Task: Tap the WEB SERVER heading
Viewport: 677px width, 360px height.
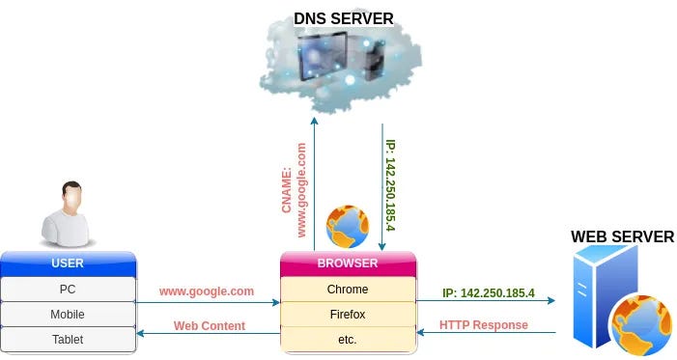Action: tap(622, 236)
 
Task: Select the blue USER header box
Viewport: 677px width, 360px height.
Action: tap(67, 263)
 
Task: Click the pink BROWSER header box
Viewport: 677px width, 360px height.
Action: tap(348, 263)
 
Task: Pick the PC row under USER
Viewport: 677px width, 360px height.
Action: tap(67, 289)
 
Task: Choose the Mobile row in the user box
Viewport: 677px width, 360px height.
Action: tap(67, 314)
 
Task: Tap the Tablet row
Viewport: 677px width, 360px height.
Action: tap(67, 339)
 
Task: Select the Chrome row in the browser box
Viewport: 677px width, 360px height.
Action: tap(348, 289)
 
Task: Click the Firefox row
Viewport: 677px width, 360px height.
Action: tap(348, 314)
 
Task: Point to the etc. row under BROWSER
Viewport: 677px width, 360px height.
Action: tap(348, 339)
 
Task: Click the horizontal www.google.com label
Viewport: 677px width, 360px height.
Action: tap(206, 290)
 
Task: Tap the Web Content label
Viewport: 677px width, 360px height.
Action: tap(210, 325)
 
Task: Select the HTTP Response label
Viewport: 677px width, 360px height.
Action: tap(484, 325)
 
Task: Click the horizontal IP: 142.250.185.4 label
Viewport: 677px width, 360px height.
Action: tap(489, 292)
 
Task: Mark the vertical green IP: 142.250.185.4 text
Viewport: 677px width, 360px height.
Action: tap(389, 184)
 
